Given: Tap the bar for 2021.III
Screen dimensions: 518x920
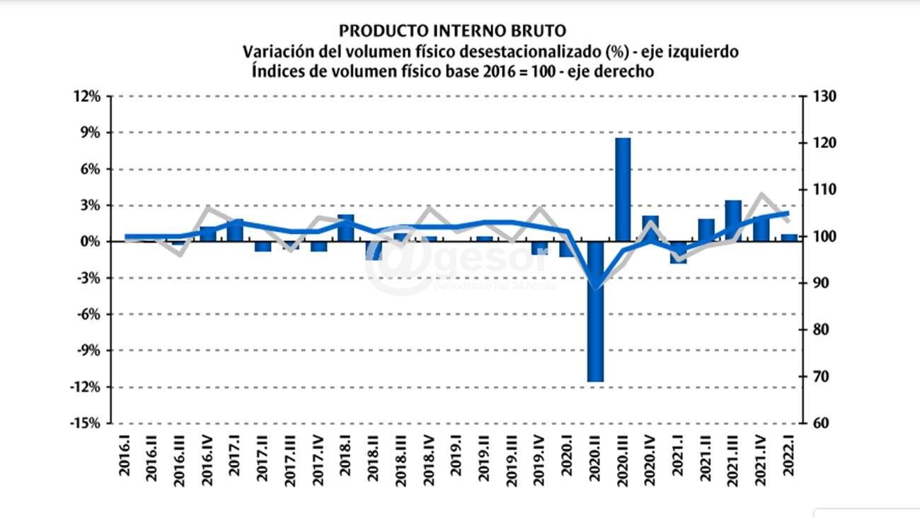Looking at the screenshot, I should [733, 221].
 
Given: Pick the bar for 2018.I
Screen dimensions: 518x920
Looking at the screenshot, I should [345, 228].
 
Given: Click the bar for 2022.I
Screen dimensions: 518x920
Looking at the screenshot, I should [788, 238].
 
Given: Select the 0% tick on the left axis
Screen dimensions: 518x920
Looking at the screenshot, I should [94, 242].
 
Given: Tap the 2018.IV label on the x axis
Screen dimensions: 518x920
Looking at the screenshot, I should [429, 461].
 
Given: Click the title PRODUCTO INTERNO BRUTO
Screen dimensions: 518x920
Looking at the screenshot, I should [453, 30].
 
